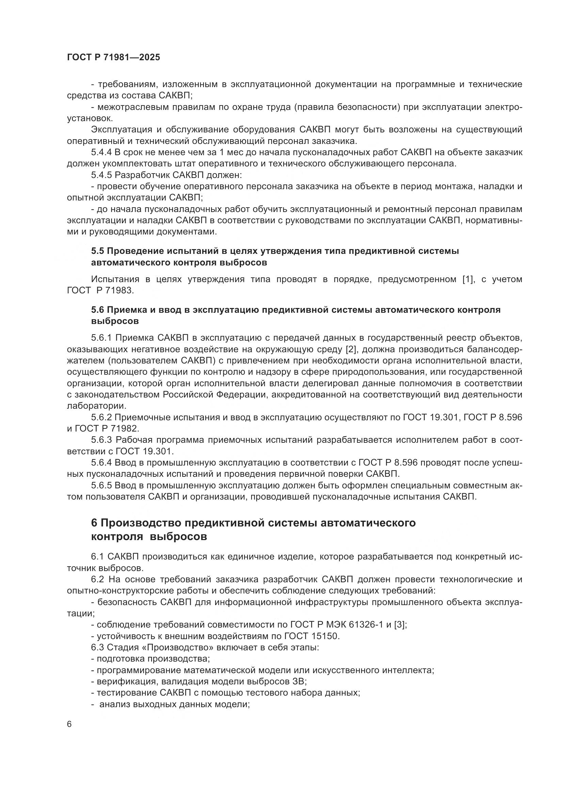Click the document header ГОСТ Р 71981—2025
113,57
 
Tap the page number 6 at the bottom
69,724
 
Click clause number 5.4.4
101,152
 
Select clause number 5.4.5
101,175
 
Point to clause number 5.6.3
101,440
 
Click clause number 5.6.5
101,485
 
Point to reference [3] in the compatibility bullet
400,625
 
